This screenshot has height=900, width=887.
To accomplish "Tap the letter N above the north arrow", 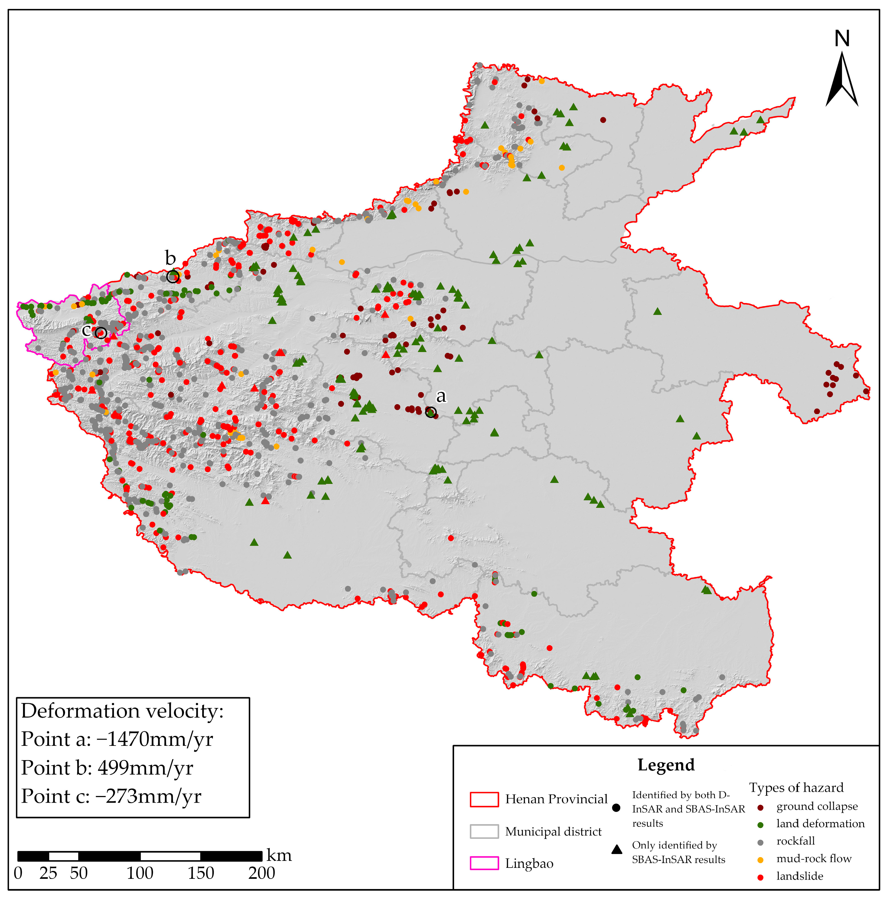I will [x=842, y=39].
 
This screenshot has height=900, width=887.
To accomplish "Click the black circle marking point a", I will [x=431, y=412].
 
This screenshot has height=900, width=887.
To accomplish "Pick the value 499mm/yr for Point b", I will [x=145, y=768].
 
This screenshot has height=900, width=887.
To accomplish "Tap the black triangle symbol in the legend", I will [x=617, y=849].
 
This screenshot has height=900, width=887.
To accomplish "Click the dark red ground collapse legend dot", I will [x=760, y=807].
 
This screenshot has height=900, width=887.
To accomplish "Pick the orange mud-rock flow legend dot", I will [x=760, y=859].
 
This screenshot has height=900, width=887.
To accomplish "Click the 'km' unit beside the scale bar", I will [x=279, y=855].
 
